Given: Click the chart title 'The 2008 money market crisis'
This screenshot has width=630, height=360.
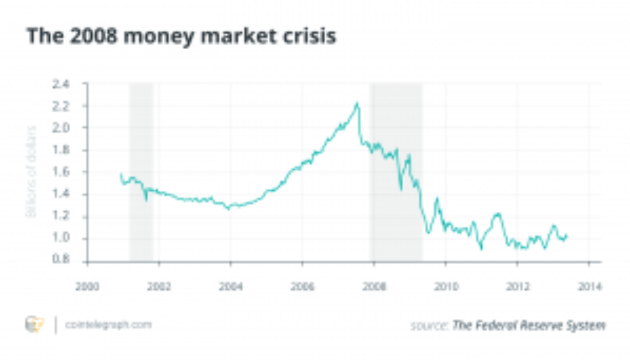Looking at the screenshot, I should coord(181,37).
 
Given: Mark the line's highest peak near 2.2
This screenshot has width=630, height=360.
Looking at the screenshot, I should coord(358,103).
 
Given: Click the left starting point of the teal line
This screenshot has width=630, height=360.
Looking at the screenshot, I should coord(121,175).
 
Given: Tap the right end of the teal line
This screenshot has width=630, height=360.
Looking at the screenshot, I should coord(566,235).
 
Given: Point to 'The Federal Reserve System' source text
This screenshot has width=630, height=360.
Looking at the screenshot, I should coord(528,325).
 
